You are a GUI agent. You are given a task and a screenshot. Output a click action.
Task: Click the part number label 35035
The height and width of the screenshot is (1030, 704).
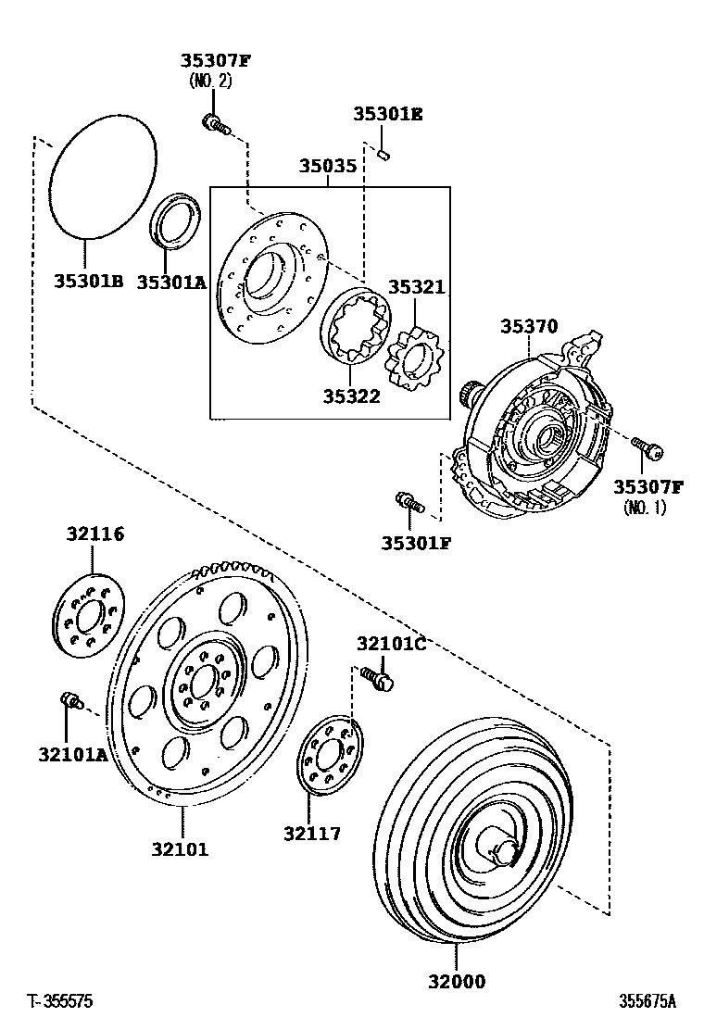coord(327,167)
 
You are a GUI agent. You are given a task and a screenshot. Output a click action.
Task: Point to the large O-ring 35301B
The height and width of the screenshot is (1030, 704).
coord(102,176)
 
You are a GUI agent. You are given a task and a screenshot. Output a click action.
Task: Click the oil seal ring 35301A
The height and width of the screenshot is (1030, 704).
coord(174,220)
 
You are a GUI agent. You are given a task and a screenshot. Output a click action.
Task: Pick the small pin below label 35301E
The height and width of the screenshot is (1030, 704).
coord(384,153)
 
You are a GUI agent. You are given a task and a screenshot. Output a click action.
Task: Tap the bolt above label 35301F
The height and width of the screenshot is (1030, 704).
coord(409,503)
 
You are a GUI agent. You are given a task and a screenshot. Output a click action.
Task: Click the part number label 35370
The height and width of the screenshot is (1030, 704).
coord(529,326)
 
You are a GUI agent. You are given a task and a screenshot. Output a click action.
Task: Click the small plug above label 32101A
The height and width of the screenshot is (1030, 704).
coord(70,701)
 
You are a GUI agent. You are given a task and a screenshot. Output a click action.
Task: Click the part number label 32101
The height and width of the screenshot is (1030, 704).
coord(181,848)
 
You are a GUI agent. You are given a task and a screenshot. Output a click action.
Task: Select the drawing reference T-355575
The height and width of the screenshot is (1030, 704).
coord(60,1001)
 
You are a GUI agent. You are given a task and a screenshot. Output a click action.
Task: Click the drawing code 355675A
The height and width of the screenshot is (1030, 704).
coord(647,1001)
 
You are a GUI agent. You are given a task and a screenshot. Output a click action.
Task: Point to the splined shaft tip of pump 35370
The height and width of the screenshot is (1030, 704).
coord(467,396)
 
